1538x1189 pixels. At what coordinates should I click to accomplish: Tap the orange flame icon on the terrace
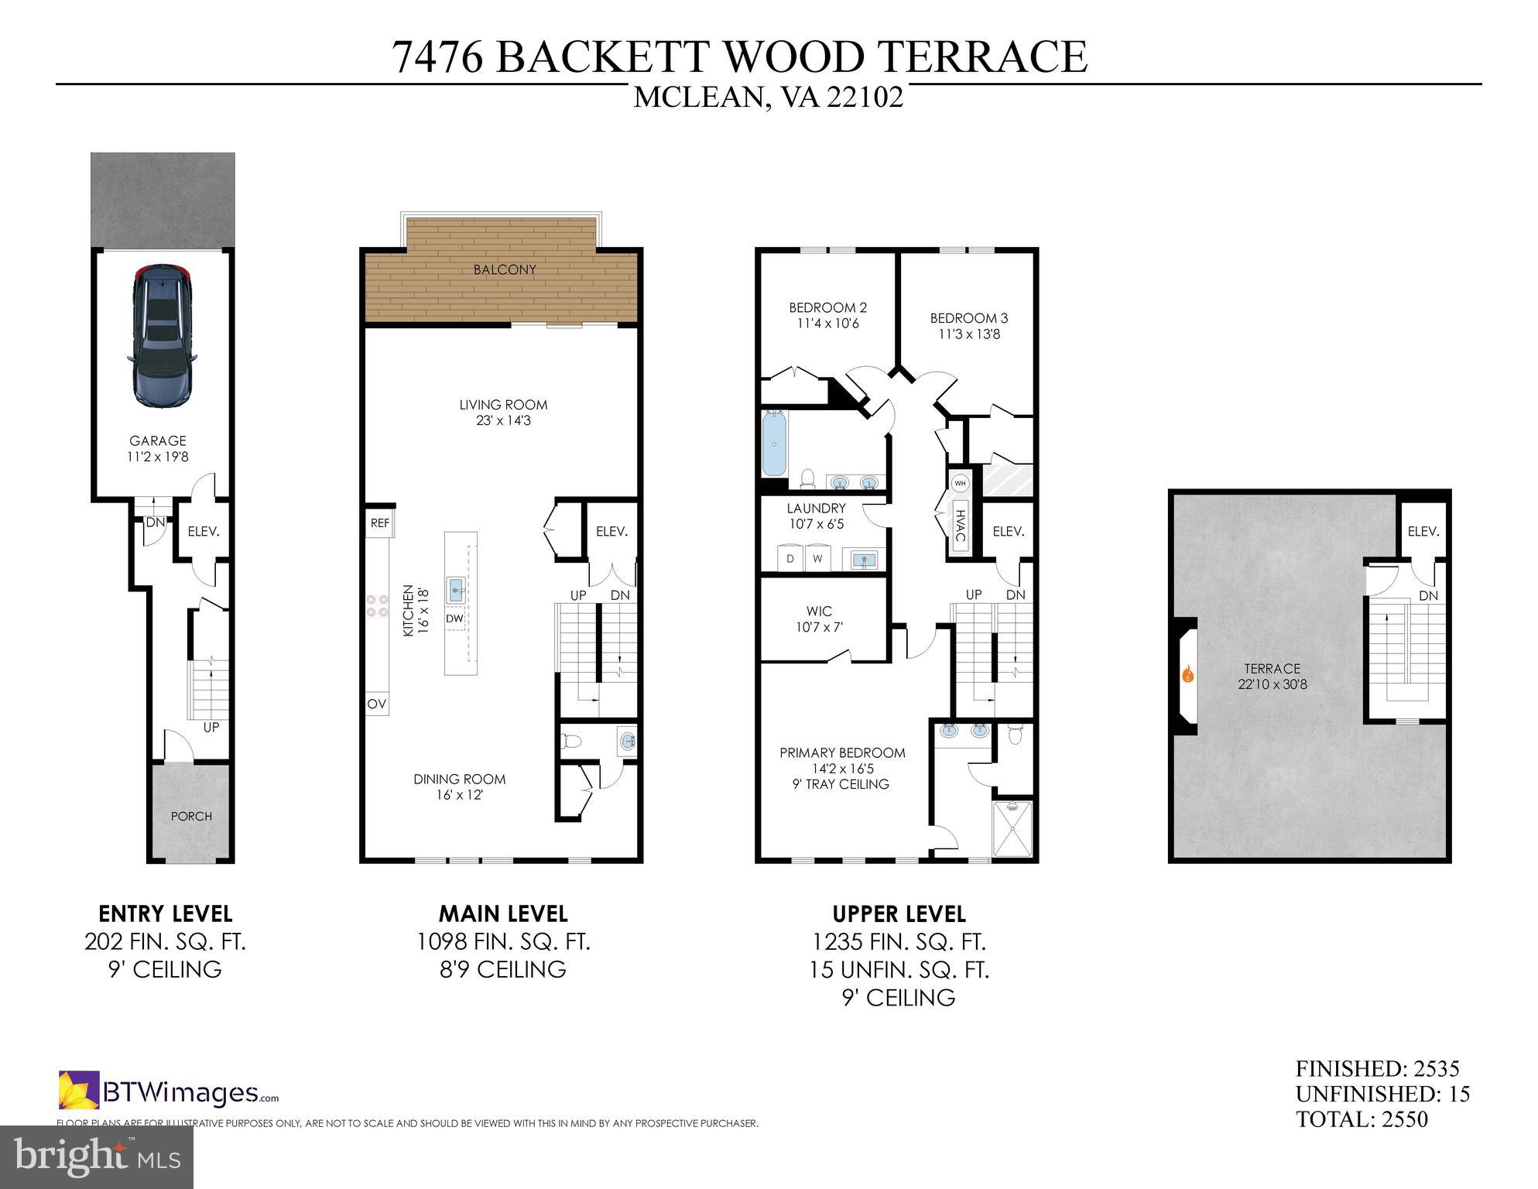point(1188,674)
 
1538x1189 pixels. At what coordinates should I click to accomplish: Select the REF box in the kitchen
point(379,523)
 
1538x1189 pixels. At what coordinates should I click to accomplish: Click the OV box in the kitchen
point(377,704)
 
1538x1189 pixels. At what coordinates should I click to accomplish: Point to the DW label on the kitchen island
point(454,618)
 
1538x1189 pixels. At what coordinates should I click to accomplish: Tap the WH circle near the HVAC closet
point(960,483)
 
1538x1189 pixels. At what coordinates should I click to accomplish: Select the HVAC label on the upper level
point(961,526)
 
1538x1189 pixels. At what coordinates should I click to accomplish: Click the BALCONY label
point(505,269)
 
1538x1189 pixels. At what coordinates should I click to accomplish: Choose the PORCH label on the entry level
point(191,816)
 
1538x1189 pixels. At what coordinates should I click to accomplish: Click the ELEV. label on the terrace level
point(1423,532)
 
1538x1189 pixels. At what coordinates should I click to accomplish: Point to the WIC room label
point(819,611)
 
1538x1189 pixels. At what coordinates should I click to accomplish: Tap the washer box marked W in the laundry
point(818,558)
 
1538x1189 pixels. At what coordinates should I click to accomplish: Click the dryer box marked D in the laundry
point(790,558)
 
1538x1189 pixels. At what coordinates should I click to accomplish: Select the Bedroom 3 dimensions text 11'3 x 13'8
point(969,334)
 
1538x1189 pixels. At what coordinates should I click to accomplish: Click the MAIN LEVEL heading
point(503,913)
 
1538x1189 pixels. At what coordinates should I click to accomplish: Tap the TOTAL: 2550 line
point(1362,1119)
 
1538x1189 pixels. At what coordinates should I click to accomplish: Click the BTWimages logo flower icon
point(79,1090)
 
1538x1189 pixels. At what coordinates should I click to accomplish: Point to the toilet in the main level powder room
point(571,741)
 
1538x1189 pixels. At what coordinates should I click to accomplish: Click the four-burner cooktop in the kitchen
point(377,605)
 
